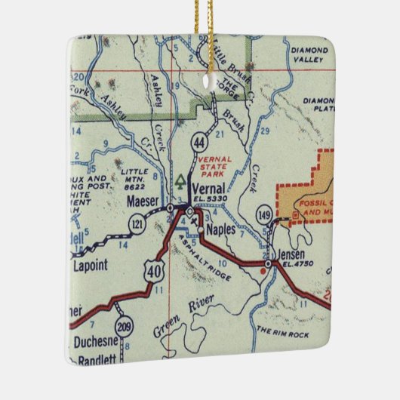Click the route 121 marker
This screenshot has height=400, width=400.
tap(138, 223)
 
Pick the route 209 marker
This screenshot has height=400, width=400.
tap(124, 328)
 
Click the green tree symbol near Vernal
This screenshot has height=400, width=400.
tap(180, 181)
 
